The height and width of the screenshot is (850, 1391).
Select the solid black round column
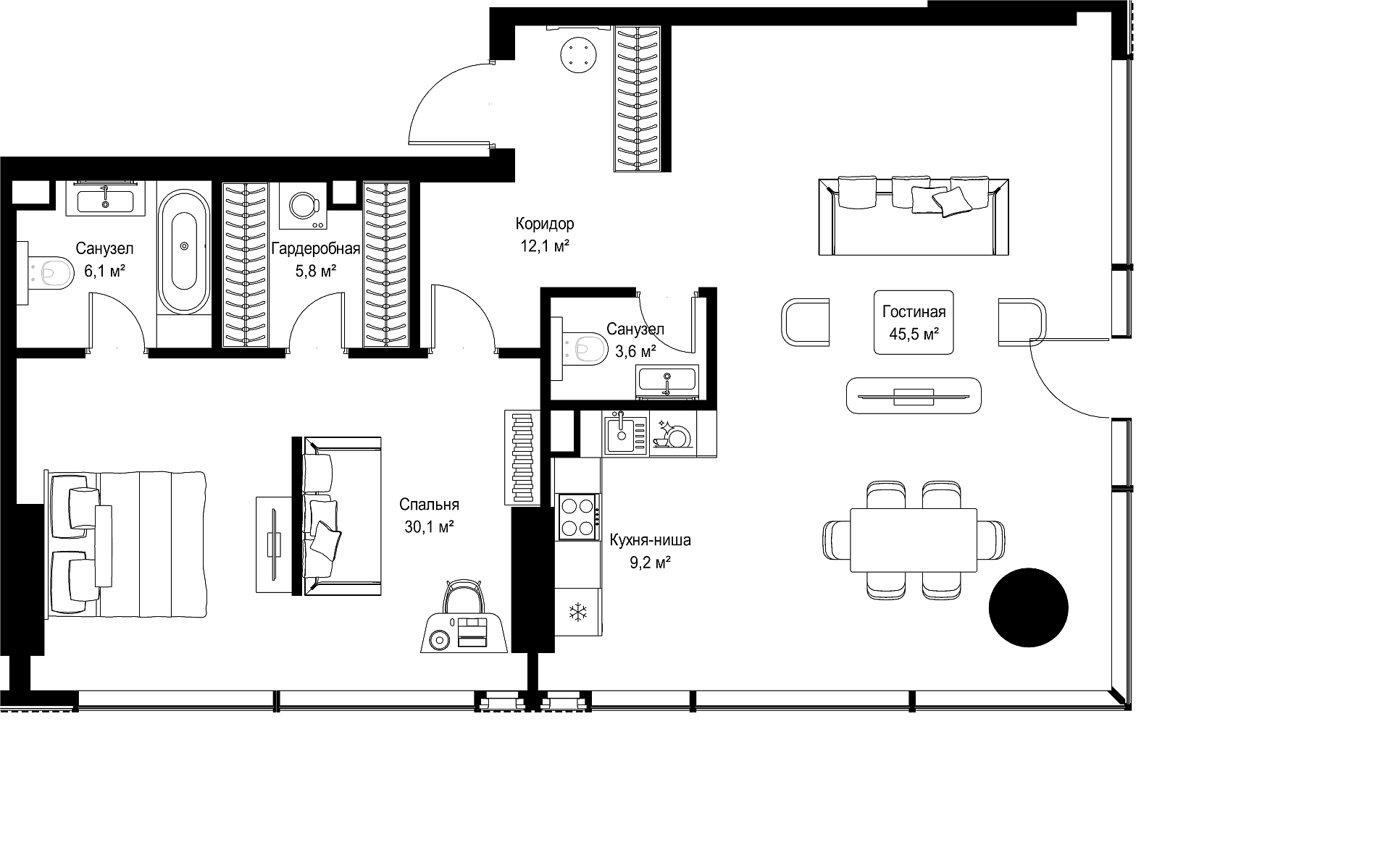[x=1029, y=607]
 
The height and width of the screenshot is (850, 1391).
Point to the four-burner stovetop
[x=578, y=516]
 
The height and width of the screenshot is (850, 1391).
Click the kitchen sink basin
[x=619, y=432]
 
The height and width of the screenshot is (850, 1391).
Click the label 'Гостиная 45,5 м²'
[x=914, y=322]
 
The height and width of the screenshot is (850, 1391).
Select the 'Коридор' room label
[x=545, y=224]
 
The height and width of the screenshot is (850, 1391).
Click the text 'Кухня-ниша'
[x=650, y=540]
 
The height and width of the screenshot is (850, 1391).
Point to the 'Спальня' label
[x=430, y=505]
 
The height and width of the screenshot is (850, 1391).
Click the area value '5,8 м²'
[x=315, y=272]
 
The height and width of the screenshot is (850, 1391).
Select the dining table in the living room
[x=914, y=539]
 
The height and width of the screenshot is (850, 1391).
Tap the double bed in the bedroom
[x=126, y=545]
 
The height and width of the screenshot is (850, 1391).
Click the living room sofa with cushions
[x=913, y=216]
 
